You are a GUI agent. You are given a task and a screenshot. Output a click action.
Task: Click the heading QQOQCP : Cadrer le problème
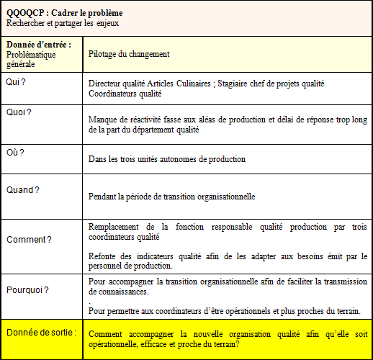[64, 13]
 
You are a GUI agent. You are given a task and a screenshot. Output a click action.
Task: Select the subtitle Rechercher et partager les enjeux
[62, 23]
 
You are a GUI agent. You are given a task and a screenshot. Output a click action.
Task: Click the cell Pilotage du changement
[129, 54]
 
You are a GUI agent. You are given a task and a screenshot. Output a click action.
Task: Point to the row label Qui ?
[16, 82]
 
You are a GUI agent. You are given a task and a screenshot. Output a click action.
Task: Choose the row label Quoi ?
[19, 113]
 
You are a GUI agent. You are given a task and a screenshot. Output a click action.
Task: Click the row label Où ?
[15, 152]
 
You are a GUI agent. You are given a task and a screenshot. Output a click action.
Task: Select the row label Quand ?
[22, 190]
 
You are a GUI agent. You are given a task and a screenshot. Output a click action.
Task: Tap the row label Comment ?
[29, 239]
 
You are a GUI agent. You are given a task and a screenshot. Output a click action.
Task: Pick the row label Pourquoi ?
[27, 290]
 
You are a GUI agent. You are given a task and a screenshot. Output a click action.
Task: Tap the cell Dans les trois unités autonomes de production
[167, 159]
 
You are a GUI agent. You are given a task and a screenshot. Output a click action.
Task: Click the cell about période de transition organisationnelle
[172, 196]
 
